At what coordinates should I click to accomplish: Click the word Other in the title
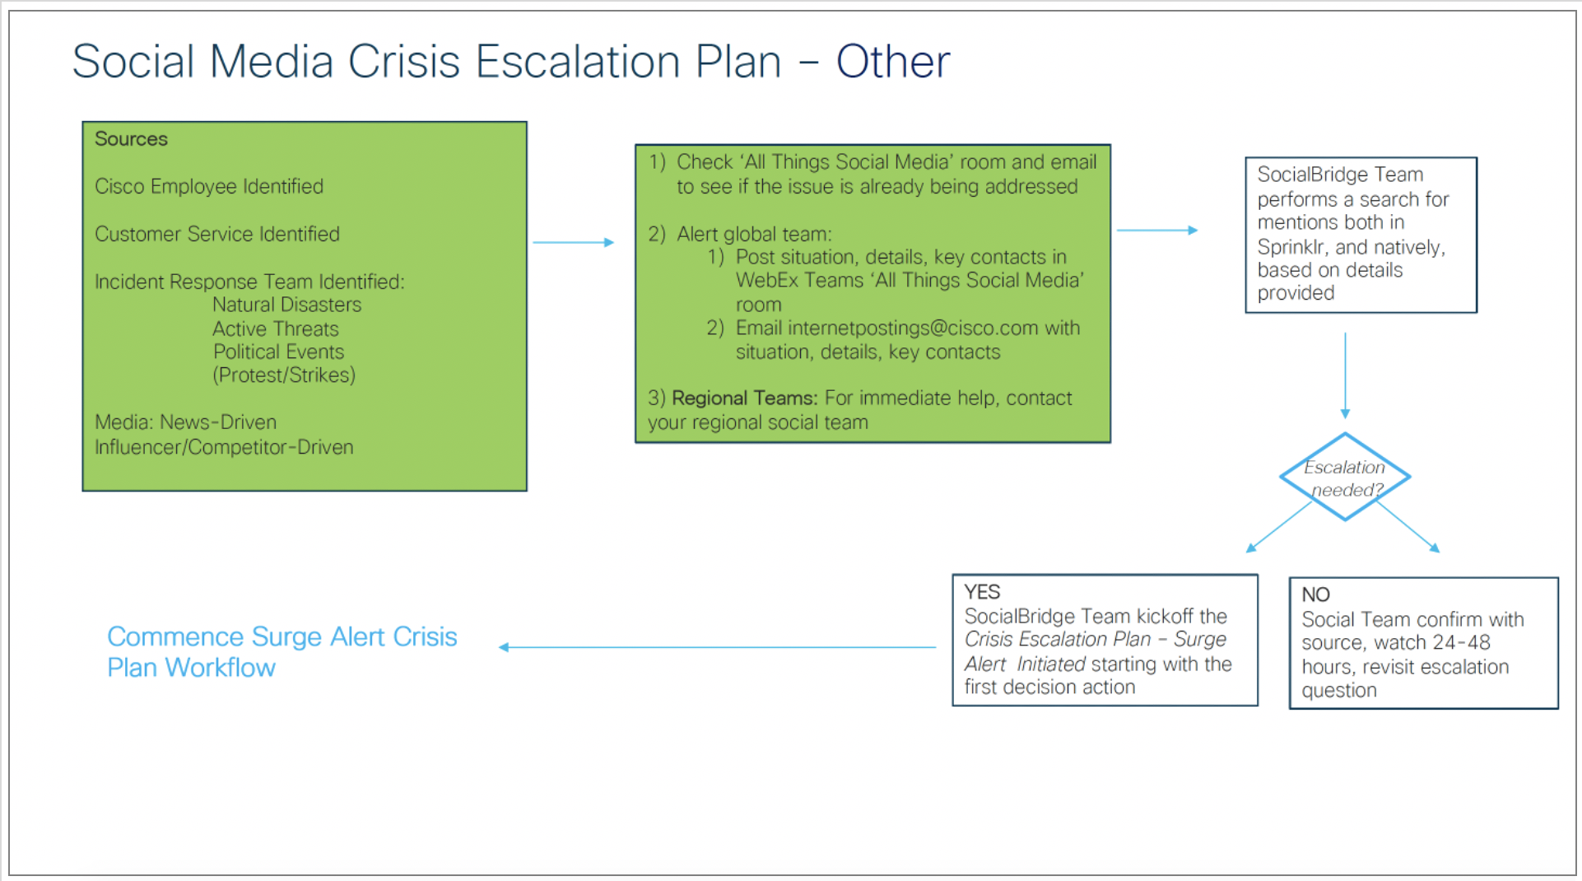point(892,62)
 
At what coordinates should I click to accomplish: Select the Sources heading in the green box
point(131,139)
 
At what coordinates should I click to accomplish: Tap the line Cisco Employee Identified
point(209,187)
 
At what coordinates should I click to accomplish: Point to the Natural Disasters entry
point(286,305)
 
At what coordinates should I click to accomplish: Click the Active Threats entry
point(276,329)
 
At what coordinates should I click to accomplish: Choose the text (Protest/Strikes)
point(284,375)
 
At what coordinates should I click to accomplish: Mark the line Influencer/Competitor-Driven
point(224,447)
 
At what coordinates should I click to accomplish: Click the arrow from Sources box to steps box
point(573,242)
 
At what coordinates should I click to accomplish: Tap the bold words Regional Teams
point(744,399)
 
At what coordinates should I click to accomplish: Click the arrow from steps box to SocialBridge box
point(1156,231)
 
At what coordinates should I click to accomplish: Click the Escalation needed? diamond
point(1345,478)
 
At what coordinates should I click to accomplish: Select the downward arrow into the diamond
point(1345,375)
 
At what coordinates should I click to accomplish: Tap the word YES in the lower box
point(982,592)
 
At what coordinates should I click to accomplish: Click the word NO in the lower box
point(1315,594)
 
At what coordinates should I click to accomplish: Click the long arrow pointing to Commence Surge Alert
point(716,647)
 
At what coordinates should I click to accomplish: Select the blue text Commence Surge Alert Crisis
point(282,636)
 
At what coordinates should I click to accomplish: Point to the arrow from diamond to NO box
point(1408,527)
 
